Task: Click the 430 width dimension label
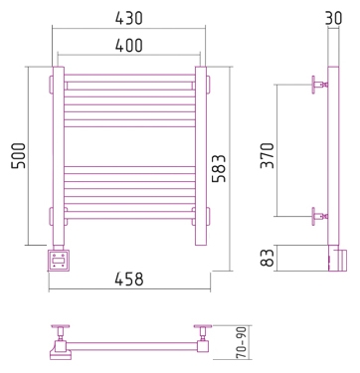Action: click(x=129, y=18)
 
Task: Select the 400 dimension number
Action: click(x=129, y=46)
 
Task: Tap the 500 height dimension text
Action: click(x=19, y=156)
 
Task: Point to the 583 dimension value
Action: click(x=219, y=168)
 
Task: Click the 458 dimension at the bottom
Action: click(x=129, y=280)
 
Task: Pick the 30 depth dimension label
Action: click(x=333, y=18)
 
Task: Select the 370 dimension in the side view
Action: click(x=268, y=155)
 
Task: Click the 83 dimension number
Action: click(x=268, y=258)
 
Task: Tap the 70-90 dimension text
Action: click(x=241, y=342)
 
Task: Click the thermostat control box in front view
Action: click(x=59, y=261)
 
